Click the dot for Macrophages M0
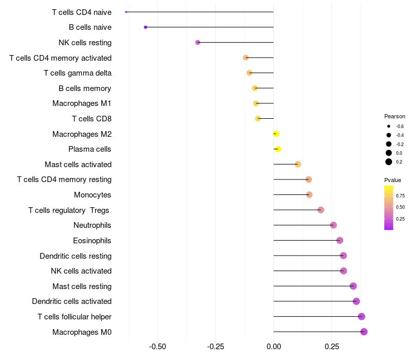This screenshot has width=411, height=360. pyautogui.click(x=364, y=332)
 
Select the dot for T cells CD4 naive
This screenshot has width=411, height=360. pyautogui.click(x=126, y=12)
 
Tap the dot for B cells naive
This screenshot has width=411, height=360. pyautogui.click(x=145, y=27)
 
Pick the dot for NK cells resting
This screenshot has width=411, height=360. pyautogui.click(x=198, y=42)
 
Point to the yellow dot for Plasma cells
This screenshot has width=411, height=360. pyautogui.click(x=278, y=149)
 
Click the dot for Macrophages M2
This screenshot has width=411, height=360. pyautogui.click(x=276, y=134)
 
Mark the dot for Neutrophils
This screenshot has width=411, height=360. pyautogui.click(x=333, y=225)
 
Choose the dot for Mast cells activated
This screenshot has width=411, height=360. pyautogui.click(x=297, y=164)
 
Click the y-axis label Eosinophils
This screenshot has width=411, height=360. pyautogui.click(x=92, y=241)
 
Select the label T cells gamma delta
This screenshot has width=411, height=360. pyautogui.click(x=78, y=73)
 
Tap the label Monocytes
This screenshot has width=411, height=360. pyautogui.click(x=92, y=195)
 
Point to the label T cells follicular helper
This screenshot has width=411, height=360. pyautogui.click(x=74, y=317)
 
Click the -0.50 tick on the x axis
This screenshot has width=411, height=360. pyautogui.click(x=157, y=347)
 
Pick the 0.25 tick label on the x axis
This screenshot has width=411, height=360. pyautogui.click(x=332, y=347)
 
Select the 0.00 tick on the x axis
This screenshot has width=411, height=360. pyautogui.click(x=274, y=347)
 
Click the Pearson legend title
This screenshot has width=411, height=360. pyautogui.click(x=395, y=116)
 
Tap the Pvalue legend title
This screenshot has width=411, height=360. pyautogui.click(x=393, y=180)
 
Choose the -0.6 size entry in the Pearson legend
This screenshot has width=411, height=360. pyautogui.click(x=389, y=126)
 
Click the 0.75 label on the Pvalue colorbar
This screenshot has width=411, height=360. pyautogui.click(x=400, y=195)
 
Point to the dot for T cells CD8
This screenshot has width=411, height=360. pyautogui.click(x=258, y=119)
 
